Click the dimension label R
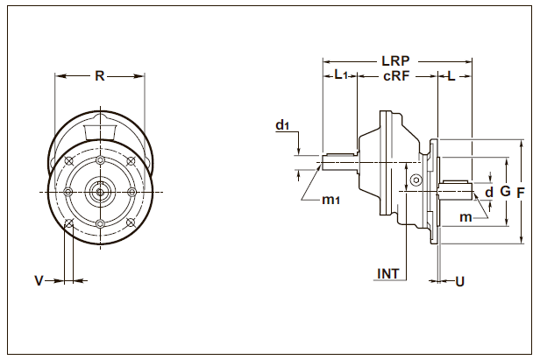click(x=100, y=76)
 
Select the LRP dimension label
click(x=396, y=62)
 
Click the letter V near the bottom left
click(x=39, y=281)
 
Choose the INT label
click(x=387, y=274)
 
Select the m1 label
click(x=330, y=201)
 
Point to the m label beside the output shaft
click(x=467, y=216)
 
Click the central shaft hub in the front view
click(x=101, y=191)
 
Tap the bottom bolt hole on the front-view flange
click(x=101, y=224)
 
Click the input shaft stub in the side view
click(x=338, y=161)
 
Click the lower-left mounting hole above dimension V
click(x=69, y=223)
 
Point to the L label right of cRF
click(x=451, y=77)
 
